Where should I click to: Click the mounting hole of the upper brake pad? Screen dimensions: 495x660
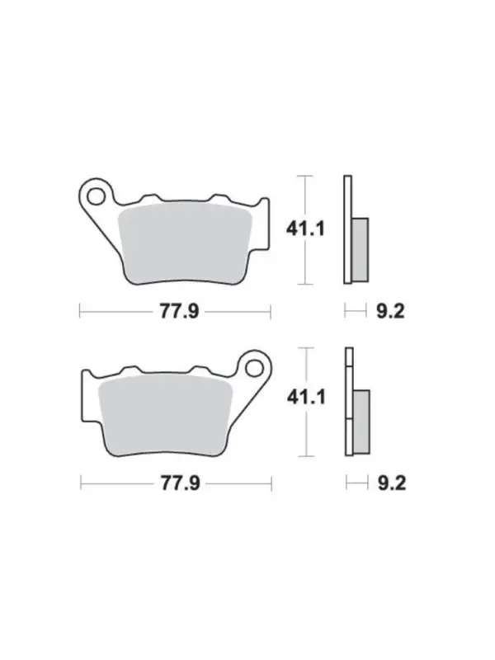tap(97, 196)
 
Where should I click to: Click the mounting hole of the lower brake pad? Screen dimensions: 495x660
tap(254, 368)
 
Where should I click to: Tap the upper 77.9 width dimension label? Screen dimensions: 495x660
tap(179, 312)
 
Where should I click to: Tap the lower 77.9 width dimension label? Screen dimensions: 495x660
tap(181, 483)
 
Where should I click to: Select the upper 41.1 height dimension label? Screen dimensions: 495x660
tap(305, 229)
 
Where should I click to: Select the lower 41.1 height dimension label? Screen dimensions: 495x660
tap(306, 397)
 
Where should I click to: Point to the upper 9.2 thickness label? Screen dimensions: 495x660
tap(390, 312)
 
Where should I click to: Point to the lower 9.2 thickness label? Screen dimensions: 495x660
tap(392, 483)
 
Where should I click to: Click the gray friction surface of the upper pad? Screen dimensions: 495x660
tap(185, 243)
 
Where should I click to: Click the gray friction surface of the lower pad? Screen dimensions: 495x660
tap(166, 415)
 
